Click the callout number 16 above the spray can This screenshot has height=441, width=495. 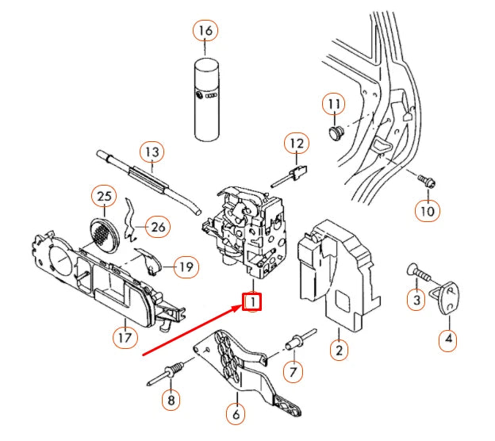coord(205,32)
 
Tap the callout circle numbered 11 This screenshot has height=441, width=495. coord(333,105)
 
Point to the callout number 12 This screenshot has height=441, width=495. coord(296,144)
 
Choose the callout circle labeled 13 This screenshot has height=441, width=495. coord(151,151)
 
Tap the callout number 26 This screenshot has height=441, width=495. coord(158,228)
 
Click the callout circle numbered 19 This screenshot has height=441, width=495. coord(184,267)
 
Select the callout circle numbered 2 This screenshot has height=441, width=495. coord(339,350)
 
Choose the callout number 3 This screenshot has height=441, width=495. coord(414,301)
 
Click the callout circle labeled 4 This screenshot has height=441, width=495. coord(448,340)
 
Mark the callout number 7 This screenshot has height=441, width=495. coord(293,370)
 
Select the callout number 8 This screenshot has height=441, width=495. coord(171,401)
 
